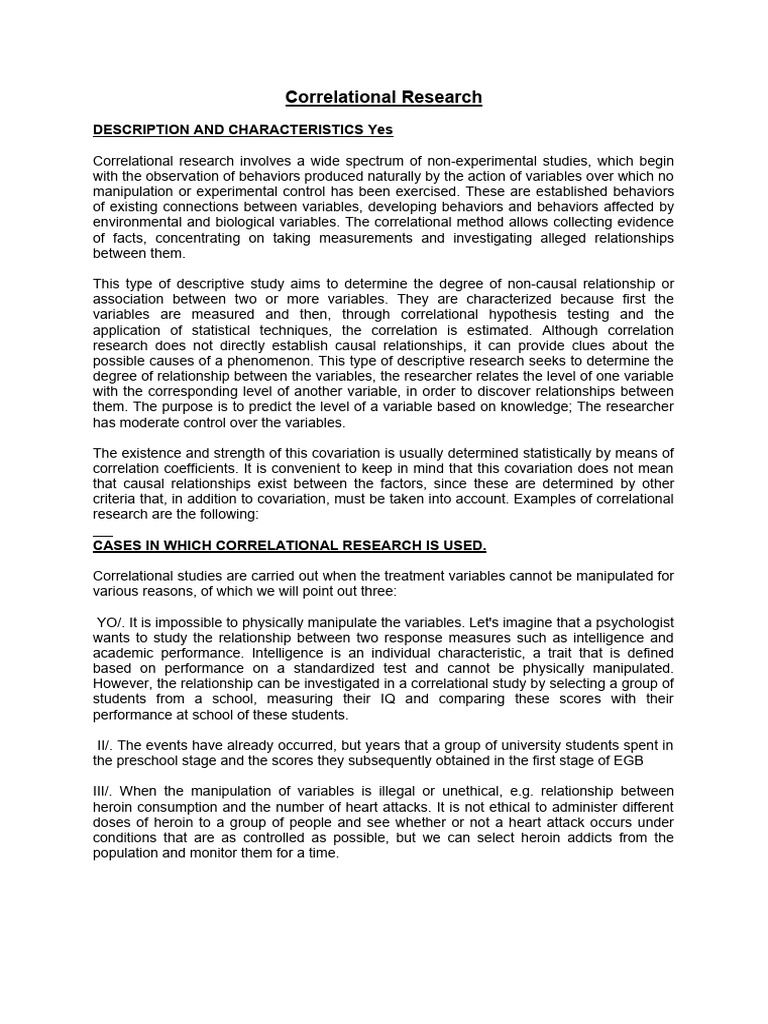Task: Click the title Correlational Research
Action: point(383,97)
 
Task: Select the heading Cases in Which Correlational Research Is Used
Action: point(290,545)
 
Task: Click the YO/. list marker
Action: point(109,622)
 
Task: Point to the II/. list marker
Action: point(106,745)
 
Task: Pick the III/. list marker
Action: point(105,791)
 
